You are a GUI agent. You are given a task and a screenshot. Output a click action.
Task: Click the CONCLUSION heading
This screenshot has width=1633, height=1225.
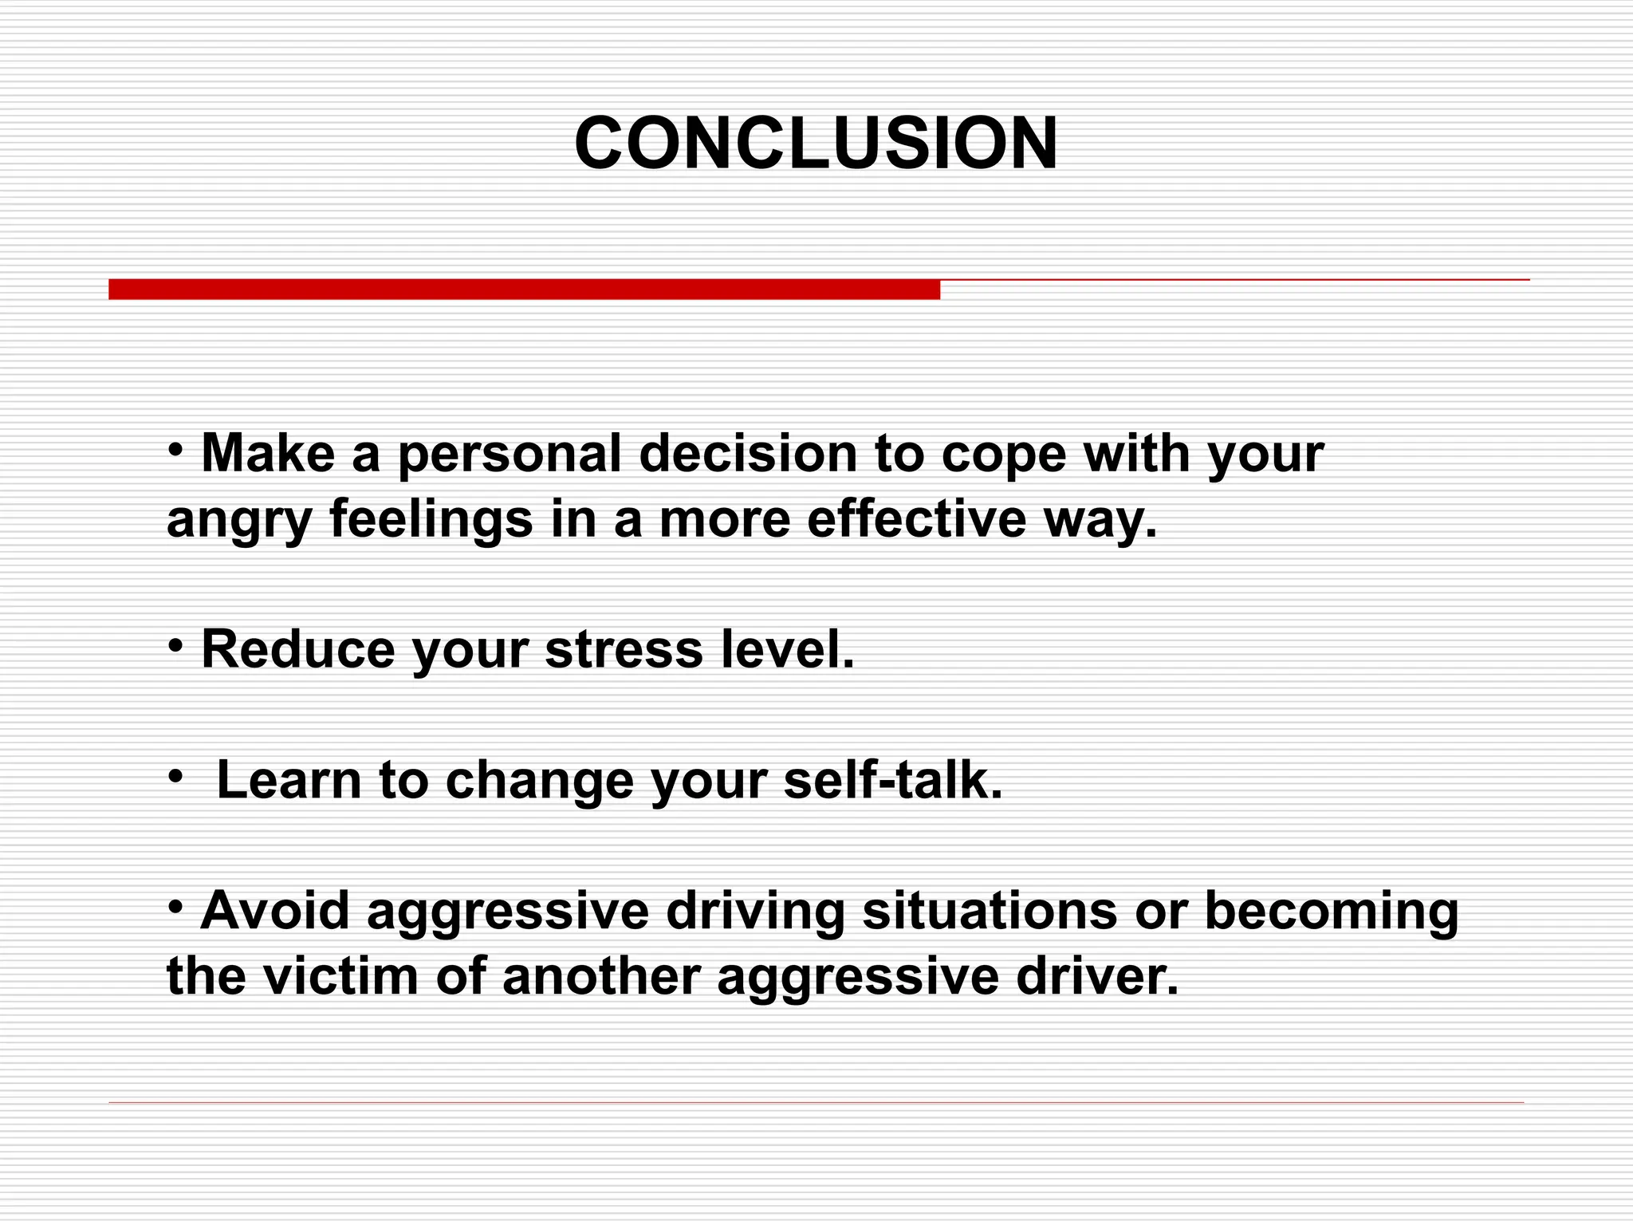[x=816, y=144]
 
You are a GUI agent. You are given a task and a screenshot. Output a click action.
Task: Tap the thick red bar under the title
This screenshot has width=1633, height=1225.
[x=524, y=290]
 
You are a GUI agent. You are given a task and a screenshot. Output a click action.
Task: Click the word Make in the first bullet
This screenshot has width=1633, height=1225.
[x=268, y=453]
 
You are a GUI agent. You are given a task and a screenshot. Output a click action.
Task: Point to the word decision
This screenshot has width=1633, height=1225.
[x=747, y=453]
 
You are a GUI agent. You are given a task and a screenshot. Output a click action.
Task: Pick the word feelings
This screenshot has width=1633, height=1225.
[x=431, y=520]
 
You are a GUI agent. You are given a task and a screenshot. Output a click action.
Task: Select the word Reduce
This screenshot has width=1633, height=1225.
[x=297, y=649]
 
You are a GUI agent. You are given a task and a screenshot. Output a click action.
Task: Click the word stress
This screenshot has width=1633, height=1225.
[x=624, y=649]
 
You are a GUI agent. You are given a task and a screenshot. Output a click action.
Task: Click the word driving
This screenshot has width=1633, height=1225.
[x=754, y=912]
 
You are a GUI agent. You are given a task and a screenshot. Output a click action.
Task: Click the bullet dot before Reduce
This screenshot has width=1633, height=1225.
[x=176, y=645]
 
